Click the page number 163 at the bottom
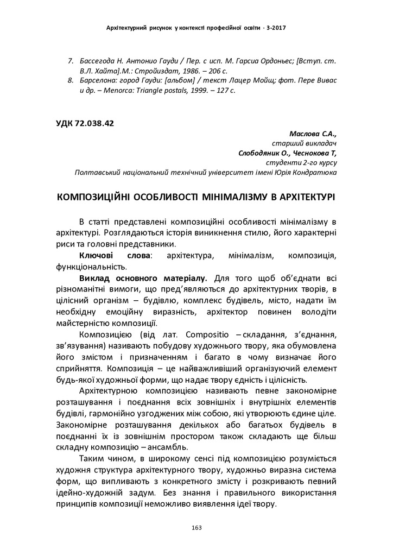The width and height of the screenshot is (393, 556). [x=196, y=527]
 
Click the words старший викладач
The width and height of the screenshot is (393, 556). [x=304, y=143]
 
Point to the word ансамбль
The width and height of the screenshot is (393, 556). [x=167, y=447]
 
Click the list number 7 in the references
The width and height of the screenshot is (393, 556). [x=71, y=61]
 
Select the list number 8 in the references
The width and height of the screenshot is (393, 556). [x=71, y=80]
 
